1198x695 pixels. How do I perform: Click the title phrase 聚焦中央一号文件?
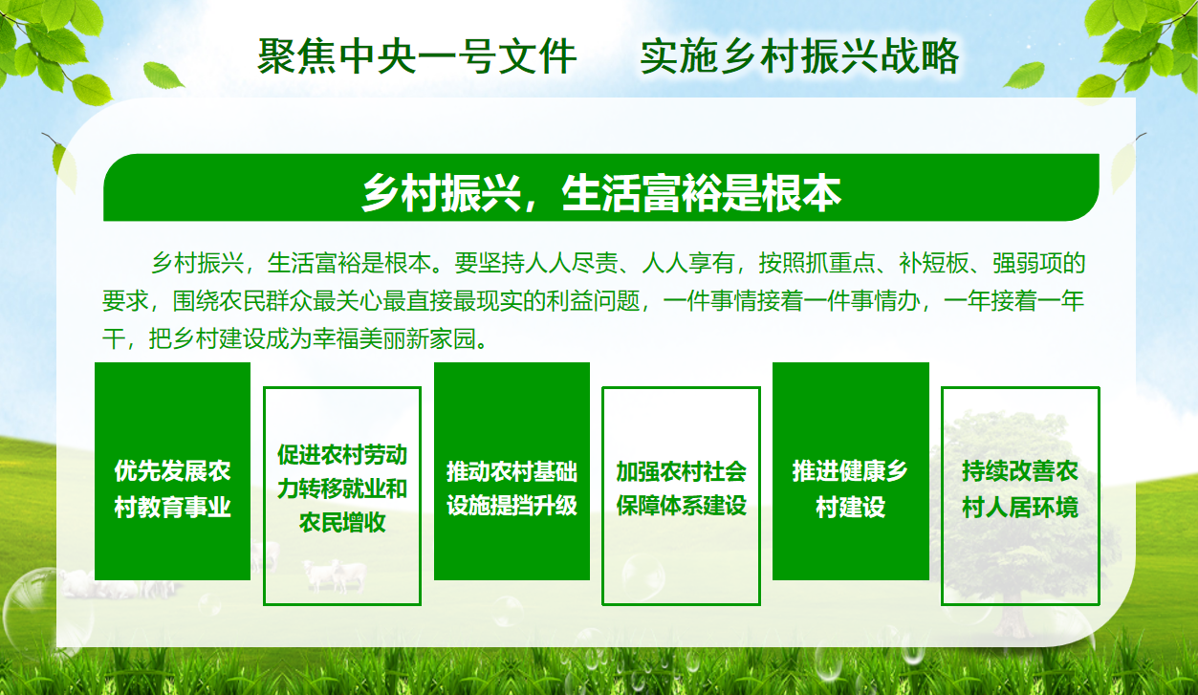tap(417, 56)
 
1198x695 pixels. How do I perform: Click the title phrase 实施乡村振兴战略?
tap(799, 56)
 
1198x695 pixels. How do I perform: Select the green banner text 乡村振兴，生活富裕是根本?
tap(601, 193)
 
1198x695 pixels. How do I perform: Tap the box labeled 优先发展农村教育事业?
tap(172, 471)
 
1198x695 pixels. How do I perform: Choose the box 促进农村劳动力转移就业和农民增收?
tap(342, 495)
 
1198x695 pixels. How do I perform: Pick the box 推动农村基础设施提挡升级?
tap(512, 471)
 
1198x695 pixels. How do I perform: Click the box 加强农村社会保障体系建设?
tap(681, 495)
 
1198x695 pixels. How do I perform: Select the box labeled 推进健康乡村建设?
tap(850, 471)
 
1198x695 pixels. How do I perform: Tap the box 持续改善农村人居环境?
tap(1020, 495)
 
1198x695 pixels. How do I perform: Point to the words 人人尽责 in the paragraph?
tap(571, 263)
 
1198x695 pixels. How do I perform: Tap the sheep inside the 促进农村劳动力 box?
tap(335, 576)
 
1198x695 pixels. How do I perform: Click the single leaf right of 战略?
tap(1024, 75)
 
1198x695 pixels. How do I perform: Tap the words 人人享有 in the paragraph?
tap(687, 263)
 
